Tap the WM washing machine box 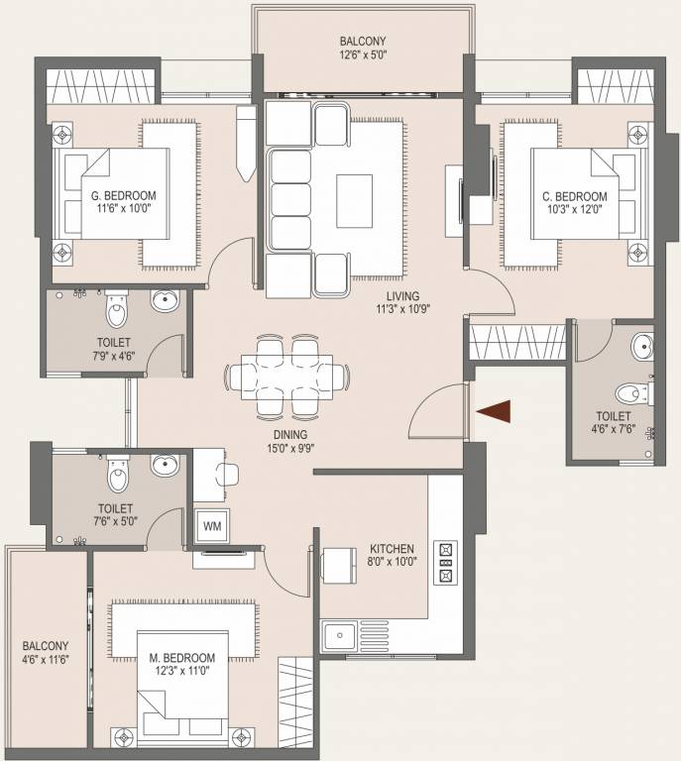tap(212, 526)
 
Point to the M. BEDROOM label tap(181, 658)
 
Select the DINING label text tap(290, 434)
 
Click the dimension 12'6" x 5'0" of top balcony tap(361, 55)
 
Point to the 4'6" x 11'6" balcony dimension tap(47, 658)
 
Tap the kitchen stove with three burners tap(445, 561)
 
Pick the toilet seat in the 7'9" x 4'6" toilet tap(116, 311)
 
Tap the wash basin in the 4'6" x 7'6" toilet tap(641, 348)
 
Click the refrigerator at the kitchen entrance tap(339, 565)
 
